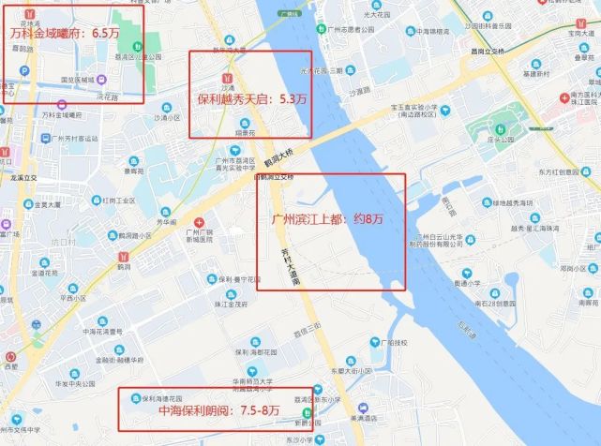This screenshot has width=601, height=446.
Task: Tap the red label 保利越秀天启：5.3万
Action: [251, 97]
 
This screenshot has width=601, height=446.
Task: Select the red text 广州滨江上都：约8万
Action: [329, 220]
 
